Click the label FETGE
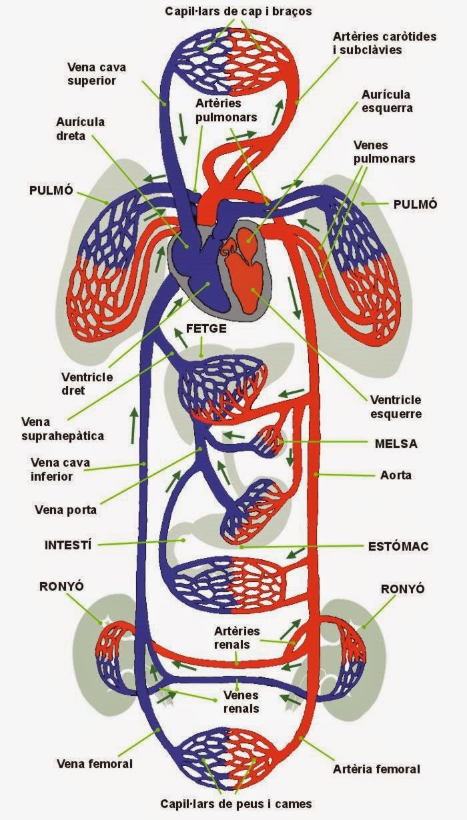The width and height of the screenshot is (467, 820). pos(207,329)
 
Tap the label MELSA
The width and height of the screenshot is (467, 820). pos(396,443)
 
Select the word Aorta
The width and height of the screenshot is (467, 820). pos(396,475)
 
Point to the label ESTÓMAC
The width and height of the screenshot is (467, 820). pos(398,546)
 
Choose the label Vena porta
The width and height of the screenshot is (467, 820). pos(65,510)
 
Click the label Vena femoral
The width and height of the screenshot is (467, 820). pos(95,763)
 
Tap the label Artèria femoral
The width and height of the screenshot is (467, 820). pos(376,769)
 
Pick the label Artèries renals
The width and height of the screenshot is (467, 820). pos(237,637)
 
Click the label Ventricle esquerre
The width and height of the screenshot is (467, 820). pos(396,407)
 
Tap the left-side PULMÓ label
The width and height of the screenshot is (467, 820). pos(50,189)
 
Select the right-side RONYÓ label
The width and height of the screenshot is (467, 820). pos(402,589)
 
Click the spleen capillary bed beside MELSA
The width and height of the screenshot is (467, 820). pos(270,441)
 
